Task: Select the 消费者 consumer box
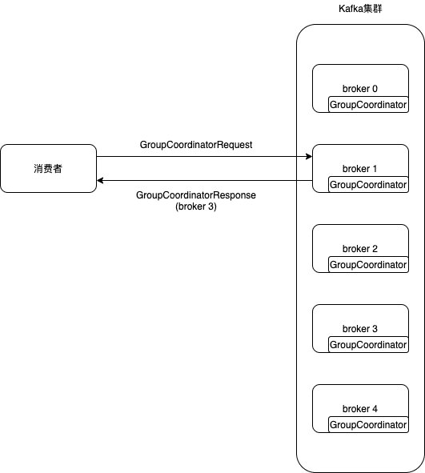pyautogui.click(x=48, y=169)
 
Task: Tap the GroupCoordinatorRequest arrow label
pyautogui.click(x=196, y=145)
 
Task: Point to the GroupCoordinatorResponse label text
pyautogui.click(x=196, y=194)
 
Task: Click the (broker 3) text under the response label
pyautogui.click(x=196, y=206)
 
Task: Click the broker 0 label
pyautogui.click(x=359, y=89)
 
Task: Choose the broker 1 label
pyautogui.click(x=359, y=169)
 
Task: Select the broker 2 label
pyautogui.click(x=359, y=249)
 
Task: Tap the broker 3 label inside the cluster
pyautogui.click(x=359, y=329)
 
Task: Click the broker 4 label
pyautogui.click(x=359, y=409)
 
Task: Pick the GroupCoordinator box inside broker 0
pyautogui.click(x=368, y=105)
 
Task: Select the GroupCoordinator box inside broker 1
pyautogui.click(x=368, y=185)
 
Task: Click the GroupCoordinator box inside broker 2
pyautogui.click(x=368, y=265)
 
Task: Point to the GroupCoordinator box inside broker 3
pyautogui.click(x=368, y=345)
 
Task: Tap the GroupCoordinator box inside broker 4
pyautogui.click(x=368, y=425)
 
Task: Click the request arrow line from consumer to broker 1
pyautogui.click(x=200, y=157)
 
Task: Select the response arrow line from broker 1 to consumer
pyautogui.click(x=200, y=181)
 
